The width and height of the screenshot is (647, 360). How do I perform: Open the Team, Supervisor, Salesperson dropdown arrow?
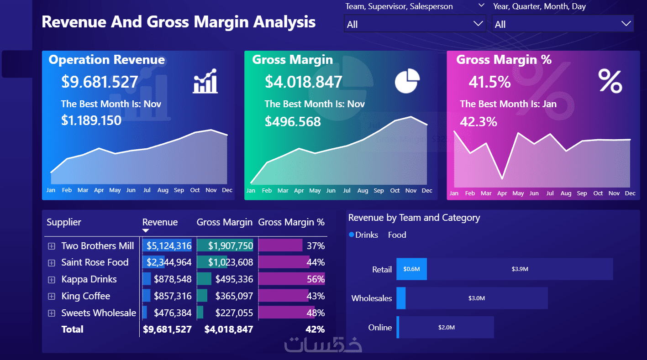[478, 24]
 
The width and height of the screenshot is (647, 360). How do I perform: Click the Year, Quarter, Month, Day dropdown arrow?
[626, 24]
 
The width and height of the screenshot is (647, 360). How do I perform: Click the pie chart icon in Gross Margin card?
[407, 81]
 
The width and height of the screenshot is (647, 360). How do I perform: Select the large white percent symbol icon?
[610, 81]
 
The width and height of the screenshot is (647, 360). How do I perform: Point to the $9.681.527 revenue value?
[100, 82]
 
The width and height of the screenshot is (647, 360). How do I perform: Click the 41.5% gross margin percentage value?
[489, 82]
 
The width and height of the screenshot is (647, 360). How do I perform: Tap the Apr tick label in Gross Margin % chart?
[502, 193]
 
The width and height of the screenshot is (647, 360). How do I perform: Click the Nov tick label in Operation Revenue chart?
[211, 190]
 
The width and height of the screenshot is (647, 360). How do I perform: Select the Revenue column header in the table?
[160, 222]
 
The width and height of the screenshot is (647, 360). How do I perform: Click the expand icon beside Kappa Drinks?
[52, 280]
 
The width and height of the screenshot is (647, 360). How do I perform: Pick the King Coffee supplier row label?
[86, 296]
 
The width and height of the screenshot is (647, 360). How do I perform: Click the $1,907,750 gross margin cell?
[230, 246]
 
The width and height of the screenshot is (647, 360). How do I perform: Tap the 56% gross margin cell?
[316, 279]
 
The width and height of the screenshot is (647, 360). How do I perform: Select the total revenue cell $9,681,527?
[167, 329]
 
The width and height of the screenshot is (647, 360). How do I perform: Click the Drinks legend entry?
[363, 235]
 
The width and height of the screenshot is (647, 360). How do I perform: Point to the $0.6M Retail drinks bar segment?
[411, 269]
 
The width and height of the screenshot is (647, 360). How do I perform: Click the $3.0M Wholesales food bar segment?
[476, 298]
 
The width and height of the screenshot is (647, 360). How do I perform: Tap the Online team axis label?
[380, 328]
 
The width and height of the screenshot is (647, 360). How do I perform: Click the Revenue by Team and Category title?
[414, 218]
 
